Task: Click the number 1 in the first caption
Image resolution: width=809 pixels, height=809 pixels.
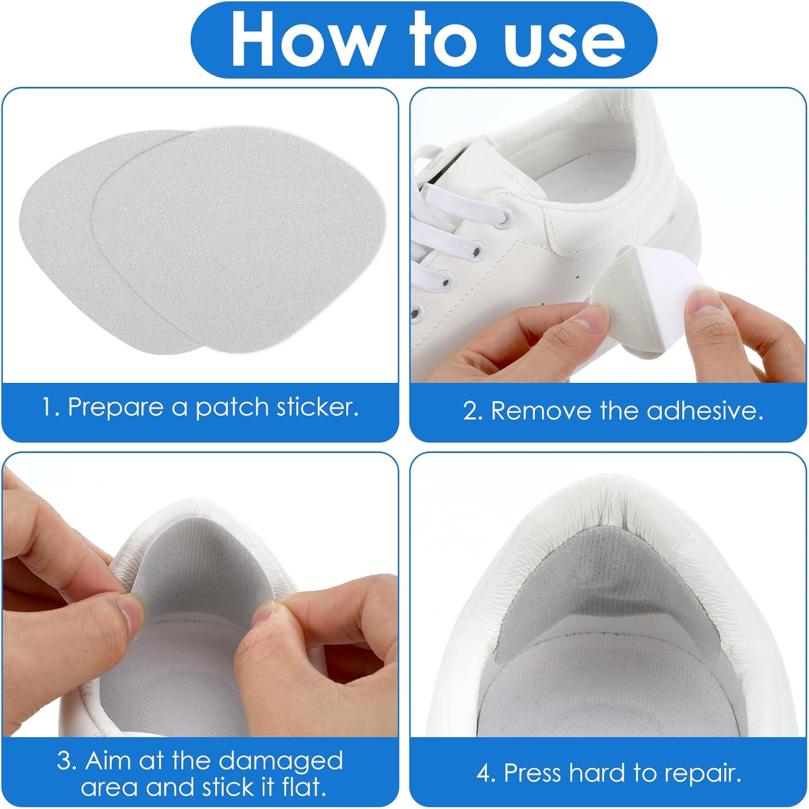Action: point(47,408)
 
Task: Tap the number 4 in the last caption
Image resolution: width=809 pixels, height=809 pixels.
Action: point(485,773)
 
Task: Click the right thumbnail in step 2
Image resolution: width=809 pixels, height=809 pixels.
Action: point(703,302)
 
